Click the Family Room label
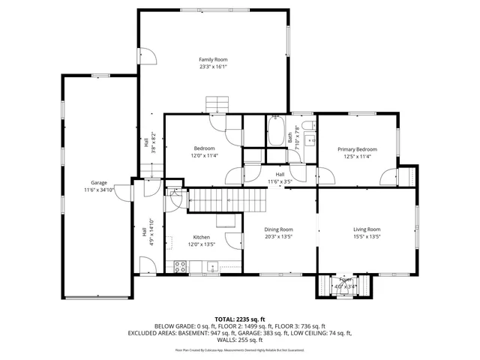(x=213, y=59)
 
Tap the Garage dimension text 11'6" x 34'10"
(x=98, y=190)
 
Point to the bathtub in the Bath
(x=276, y=132)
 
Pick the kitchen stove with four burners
(x=180, y=265)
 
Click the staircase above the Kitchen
(x=227, y=200)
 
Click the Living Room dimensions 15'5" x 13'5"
(x=367, y=236)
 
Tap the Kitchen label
(x=201, y=237)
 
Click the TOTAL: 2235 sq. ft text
(x=240, y=319)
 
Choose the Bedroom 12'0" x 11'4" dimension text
(x=204, y=156)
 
